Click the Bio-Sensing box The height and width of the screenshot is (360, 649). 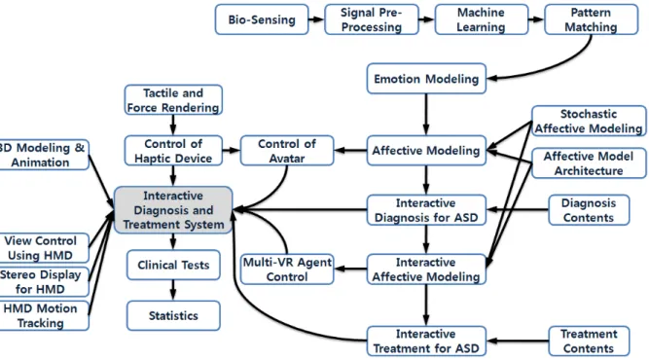pos(262,19)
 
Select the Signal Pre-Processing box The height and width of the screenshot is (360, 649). pos(372,19)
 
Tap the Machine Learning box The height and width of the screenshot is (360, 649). pos(482,19)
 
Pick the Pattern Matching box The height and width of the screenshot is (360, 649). pos(591,19)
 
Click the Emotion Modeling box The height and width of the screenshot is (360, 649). pos(426,79)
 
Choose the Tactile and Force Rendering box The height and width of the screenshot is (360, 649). pos(173,99)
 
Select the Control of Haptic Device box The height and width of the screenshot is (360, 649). pos(173,151)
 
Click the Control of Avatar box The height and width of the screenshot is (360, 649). pos(287,151)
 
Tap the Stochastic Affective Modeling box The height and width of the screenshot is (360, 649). pos(589,121)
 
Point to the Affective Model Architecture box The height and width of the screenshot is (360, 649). pos(589,163)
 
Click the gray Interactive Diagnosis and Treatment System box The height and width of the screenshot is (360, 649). pos(173,210)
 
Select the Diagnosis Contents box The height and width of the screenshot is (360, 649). pos(589,210)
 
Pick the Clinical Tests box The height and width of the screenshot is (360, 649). pos(173,265)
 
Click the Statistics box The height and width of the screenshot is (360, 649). pos(173,315)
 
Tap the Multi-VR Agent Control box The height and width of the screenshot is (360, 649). pos(287,269)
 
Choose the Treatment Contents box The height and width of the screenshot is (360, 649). pos(589,341)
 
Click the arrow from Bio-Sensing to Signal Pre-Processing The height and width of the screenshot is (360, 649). pos(316,19)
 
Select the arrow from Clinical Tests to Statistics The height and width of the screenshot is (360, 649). pos(173,290)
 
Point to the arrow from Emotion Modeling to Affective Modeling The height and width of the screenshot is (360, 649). pos(426,115)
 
